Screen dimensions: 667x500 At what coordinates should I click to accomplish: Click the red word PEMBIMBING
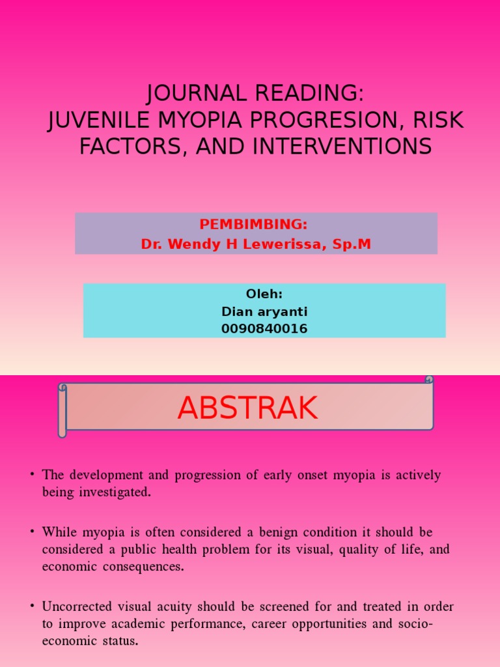(253, 225)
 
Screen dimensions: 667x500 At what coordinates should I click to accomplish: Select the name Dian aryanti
(264, 312)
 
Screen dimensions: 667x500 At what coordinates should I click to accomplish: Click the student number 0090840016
(264, 330)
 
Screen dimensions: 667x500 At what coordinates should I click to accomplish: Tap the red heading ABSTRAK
(247, 408)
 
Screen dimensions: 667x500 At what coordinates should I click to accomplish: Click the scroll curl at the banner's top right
(428, 379)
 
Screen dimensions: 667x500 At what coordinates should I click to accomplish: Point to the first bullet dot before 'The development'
(31, 474)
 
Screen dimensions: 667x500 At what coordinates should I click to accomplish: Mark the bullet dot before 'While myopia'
(31, 532)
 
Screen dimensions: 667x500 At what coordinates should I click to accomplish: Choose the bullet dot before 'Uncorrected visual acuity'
(31, 606)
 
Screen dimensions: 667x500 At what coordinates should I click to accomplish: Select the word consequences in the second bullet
(141, 567)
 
